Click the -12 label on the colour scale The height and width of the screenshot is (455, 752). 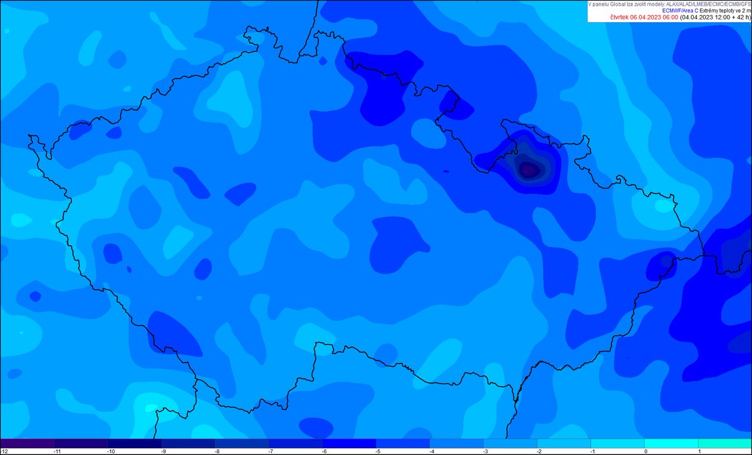point(4,451)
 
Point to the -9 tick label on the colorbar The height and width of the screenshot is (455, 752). point(164,451)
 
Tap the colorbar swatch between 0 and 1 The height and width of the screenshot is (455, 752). point(671,442)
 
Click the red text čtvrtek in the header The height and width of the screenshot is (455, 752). point(620,18)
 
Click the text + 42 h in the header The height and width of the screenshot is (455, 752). point(738,18)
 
